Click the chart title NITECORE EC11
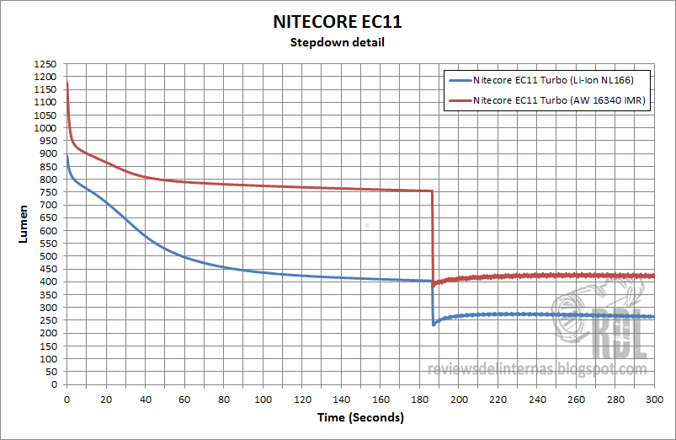338,21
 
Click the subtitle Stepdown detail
338,42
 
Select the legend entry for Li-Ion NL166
552,81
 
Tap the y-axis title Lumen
24,224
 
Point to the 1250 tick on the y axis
45,64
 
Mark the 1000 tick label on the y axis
45,128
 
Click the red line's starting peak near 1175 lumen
67,83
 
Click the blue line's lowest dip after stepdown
434,325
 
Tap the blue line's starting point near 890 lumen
67,156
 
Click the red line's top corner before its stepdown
431,191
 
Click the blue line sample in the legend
460,81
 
